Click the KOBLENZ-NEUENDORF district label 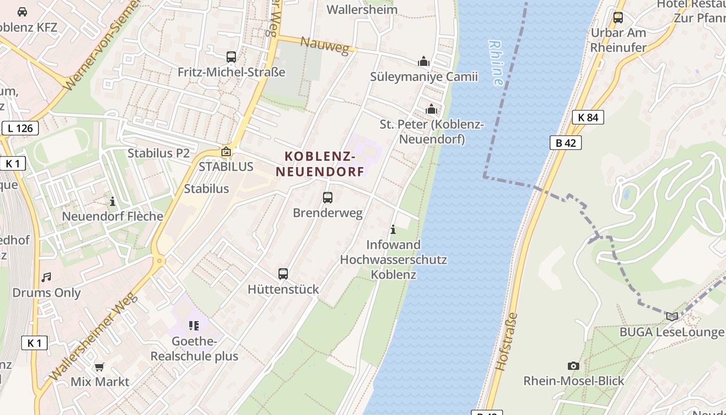coord(319,164)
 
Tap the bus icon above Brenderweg coord(327,197)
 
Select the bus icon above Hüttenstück coord(283,273)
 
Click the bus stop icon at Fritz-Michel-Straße coord(231,57)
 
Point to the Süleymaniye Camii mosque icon coord(424,62)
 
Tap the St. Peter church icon coord(431,109)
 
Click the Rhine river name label coord(496,63)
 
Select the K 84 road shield coord(588,117)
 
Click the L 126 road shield coord(20,128)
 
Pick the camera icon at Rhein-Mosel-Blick coord(573,366)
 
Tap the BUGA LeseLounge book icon coord(672,316)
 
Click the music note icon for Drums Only coord(47,278)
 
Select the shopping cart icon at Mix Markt coord(100,367)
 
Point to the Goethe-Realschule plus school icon coord(194,326)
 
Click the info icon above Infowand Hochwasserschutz coord(393,229)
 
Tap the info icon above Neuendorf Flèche coord(113,201)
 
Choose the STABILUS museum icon coord(226,151)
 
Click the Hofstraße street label coord(507,341)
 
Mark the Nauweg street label coord(325,46)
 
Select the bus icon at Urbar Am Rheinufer coord(618,17)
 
